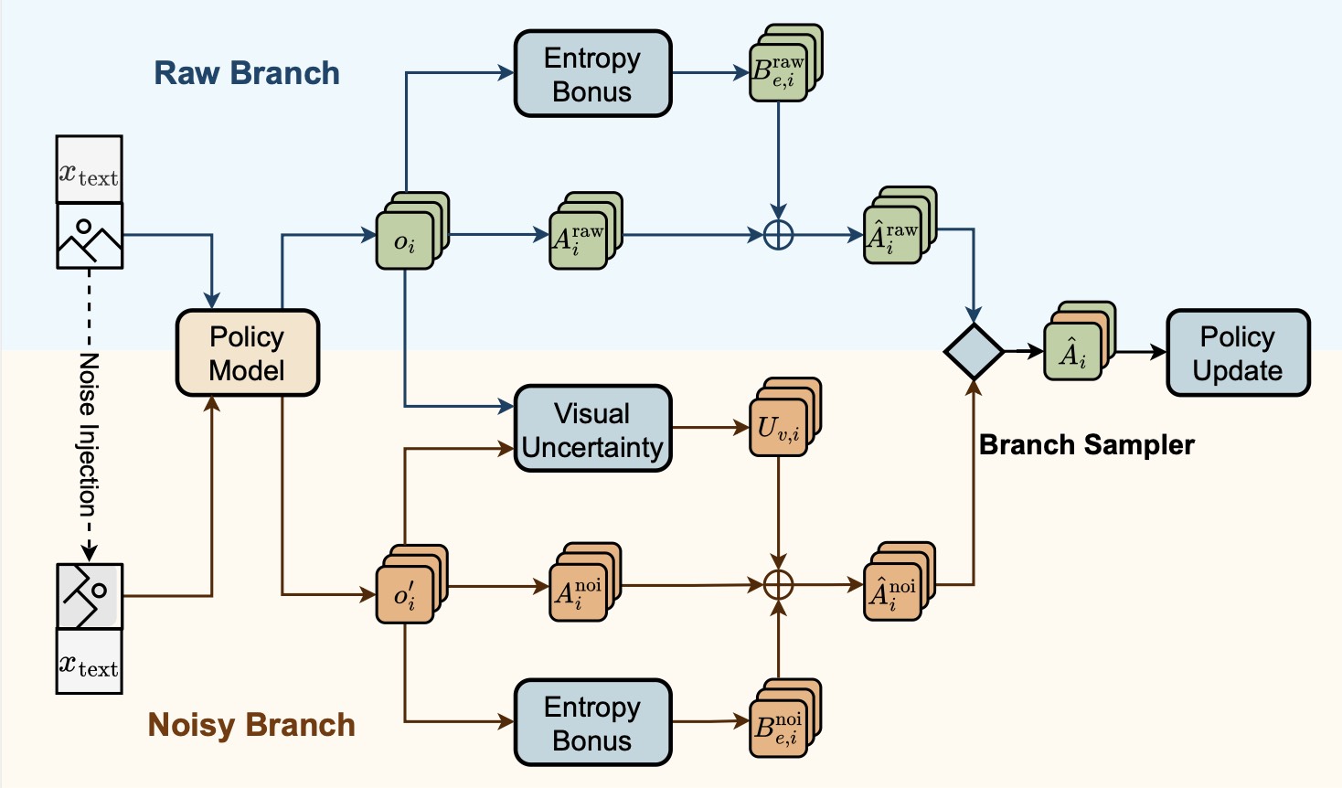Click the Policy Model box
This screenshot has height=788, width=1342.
[247, 353]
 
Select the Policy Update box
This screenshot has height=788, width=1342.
[1238, 353]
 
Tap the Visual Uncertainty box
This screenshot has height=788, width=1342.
[592, 429]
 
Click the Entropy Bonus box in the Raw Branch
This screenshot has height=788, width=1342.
[592, 74]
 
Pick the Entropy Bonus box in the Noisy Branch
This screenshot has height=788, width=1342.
[592, 722]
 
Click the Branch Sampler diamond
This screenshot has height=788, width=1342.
[974, 351]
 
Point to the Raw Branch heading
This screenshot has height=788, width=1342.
[247, 73]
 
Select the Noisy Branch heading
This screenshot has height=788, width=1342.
[251, 725]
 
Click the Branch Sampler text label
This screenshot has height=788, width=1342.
[1086, 445]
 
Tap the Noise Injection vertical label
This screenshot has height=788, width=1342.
[89, 434]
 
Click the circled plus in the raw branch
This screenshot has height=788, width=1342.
[778, 235]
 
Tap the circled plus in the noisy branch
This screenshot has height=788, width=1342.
[778, 584]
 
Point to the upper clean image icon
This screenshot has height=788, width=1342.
[90, 236]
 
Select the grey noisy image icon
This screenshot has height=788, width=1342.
[90, 596]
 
